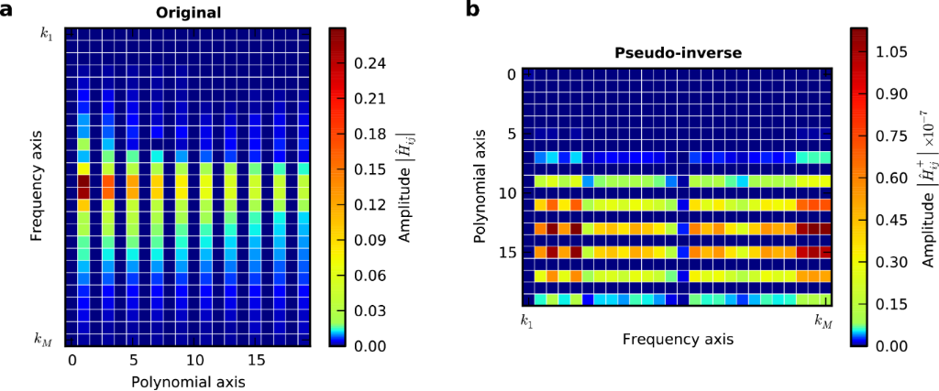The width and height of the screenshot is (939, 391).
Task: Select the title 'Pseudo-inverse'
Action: point(677,53)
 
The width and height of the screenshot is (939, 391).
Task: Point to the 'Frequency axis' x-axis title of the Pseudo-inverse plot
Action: point(677,340)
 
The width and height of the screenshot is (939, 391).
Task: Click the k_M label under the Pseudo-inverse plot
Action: point(824,320)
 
